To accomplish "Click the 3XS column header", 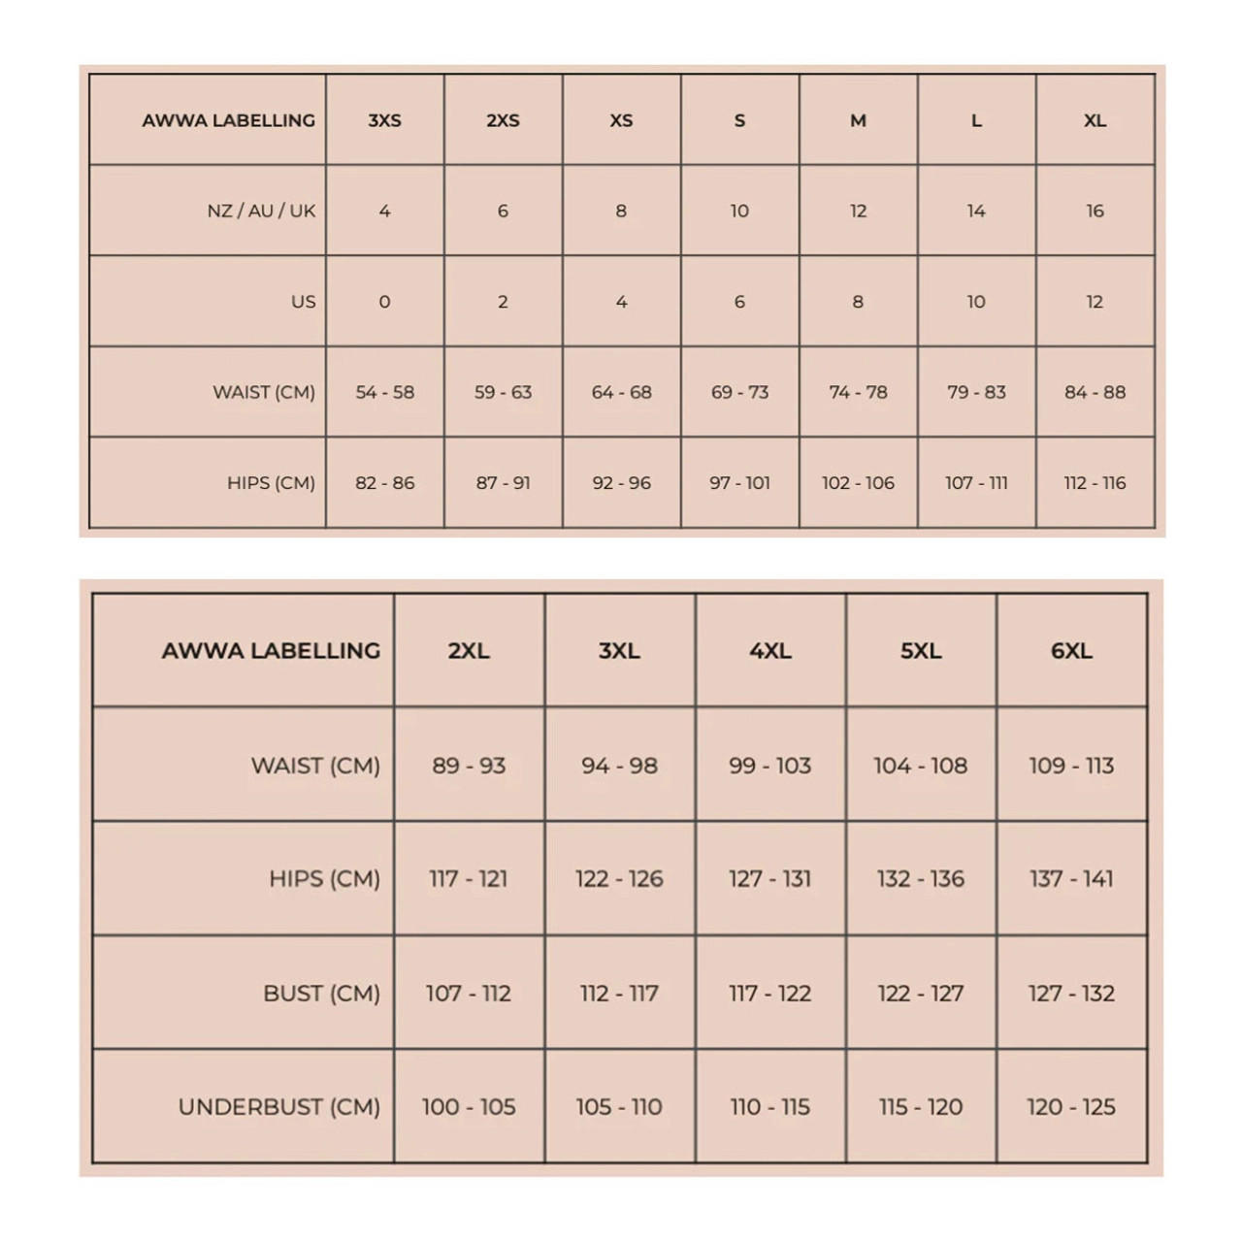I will coord(384,120).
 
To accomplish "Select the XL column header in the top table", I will coord(1095,120).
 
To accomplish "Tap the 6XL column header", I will coord(1071,650).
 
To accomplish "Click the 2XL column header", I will coord(469,650).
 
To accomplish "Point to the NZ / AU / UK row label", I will coord(261,211).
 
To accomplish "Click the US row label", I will coord(303,302).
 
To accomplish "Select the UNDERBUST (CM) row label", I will coord(278,1106).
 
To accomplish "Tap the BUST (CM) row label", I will coord(321,993).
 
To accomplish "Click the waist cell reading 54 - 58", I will coord(384,392).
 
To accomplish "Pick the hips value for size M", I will coord(858,482).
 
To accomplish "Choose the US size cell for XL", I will coord(1095,302).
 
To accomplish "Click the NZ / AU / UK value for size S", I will coord(739,211).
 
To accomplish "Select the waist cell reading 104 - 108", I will coord(920,766).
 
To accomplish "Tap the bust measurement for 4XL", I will coord(769,993).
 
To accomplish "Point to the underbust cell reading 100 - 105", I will coord(469,1106).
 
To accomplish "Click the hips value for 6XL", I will coord(1071,879).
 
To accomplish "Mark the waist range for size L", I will coord(976,392).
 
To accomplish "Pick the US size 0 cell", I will coord(384,302).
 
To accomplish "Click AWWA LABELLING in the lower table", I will coord(271,650).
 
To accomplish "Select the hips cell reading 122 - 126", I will coord(619,879).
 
